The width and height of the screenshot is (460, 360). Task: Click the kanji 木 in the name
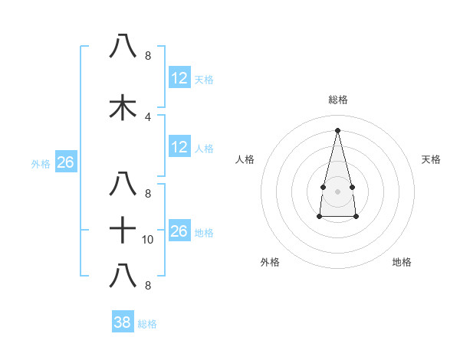pos(123,108)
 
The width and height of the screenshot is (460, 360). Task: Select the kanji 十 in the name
pos(123,229)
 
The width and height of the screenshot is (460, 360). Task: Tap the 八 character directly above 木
pos(123,47)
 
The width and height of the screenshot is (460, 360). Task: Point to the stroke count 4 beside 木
pos(147,116)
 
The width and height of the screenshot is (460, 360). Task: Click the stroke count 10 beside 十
pos(148,240)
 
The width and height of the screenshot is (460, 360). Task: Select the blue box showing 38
pos(123,322)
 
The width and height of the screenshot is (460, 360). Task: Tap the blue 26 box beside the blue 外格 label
pos(65,162)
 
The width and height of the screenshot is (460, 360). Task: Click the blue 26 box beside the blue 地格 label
pos(179,231)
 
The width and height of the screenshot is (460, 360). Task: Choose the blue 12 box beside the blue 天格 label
pos(179,78)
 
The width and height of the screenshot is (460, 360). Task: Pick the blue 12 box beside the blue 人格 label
pos(179,147)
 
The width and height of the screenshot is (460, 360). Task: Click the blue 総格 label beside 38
pos(147,324)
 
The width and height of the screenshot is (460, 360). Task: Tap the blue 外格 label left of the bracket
pos(41,163)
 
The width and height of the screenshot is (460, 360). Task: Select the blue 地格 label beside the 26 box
pos(205,232)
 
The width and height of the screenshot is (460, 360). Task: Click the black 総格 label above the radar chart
pos(338,100)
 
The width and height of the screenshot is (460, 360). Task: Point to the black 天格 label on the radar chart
pos(431,159)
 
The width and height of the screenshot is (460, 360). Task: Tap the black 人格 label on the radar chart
pos(245,159)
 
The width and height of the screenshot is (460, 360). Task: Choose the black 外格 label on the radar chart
pos(270,262)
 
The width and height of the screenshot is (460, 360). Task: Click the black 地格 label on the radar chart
pos(402,262)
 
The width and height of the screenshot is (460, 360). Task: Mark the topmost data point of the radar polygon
pos(337,129)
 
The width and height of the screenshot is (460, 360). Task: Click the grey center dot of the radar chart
pos(337,190)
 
